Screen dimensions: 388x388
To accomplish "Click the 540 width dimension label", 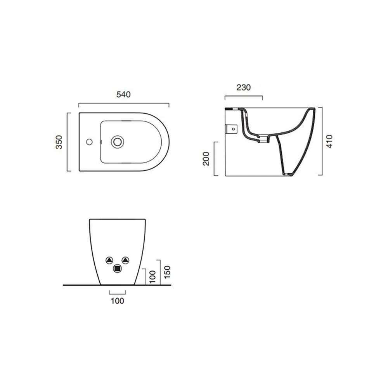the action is pyautogui.click(x=123, y=94).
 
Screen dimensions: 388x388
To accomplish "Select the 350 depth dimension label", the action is pyautogui.click(x=59, y=142).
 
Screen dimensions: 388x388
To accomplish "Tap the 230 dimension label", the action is pyautogui.click(x=244, y=87).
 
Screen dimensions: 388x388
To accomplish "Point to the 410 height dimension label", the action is pyautogui.click(x=329, y=141).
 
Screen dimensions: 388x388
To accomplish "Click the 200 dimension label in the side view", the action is pyautogui.click(x=206, y=159).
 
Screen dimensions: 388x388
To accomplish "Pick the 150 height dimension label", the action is pyautogui.click(x=168, y=272).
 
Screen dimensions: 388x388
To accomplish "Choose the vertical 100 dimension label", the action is pyautogui.click(x=152, y=277).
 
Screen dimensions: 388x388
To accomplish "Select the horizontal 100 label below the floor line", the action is pyautogui.click(x=117, y=301).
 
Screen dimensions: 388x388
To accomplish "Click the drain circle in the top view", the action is pyautogui.click(x=117, y=142).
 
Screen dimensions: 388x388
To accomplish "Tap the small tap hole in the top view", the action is pyautogui.click(x=89, y=142).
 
